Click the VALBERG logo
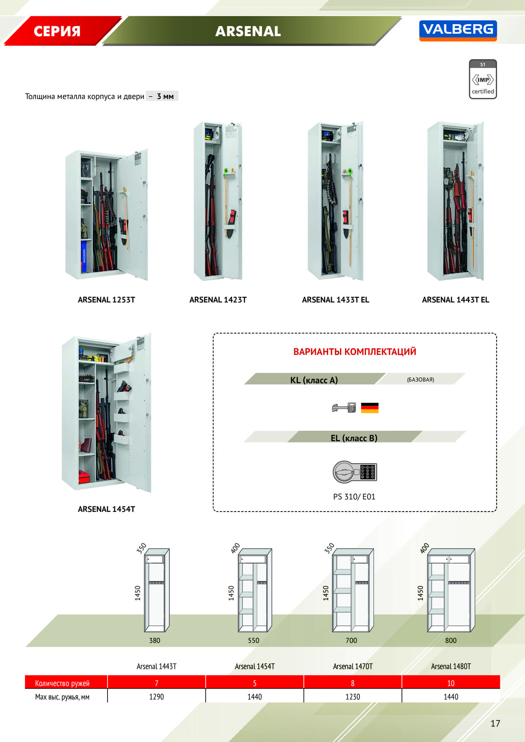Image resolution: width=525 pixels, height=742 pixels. coord(458,30)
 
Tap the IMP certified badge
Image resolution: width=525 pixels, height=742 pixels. coord(483,79)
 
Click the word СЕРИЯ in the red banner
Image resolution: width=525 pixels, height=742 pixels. coord(57,31)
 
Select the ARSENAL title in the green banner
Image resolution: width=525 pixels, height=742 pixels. coord(248,31)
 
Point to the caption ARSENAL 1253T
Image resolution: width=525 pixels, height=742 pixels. coord(106,300)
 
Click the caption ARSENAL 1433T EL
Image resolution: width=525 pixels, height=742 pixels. coord(335,300)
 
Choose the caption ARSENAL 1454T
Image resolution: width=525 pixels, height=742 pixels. coord(106,509)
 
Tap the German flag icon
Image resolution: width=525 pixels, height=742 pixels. coord(370,408)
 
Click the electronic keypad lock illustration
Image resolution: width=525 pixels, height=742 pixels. coord(354,472)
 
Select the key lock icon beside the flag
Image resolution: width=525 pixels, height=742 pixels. coord(344,408)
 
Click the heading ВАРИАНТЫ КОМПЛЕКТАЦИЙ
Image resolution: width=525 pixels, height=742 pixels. coord(355,352)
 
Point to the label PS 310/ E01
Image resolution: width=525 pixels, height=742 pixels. coord(354,497)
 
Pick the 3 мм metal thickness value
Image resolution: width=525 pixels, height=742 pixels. coord(165,96)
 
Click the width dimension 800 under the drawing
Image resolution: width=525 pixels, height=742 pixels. coord(451,640)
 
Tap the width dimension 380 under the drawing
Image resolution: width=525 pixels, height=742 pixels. coord(155,640)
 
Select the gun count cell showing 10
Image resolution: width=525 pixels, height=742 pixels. coord(451,683)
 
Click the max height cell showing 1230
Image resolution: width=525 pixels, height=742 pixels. coord(353,697)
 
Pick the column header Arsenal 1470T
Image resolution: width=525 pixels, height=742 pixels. coord(353,666)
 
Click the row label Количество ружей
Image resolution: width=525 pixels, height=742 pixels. coord(62,683)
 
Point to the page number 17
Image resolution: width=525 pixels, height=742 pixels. coord(495,723)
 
